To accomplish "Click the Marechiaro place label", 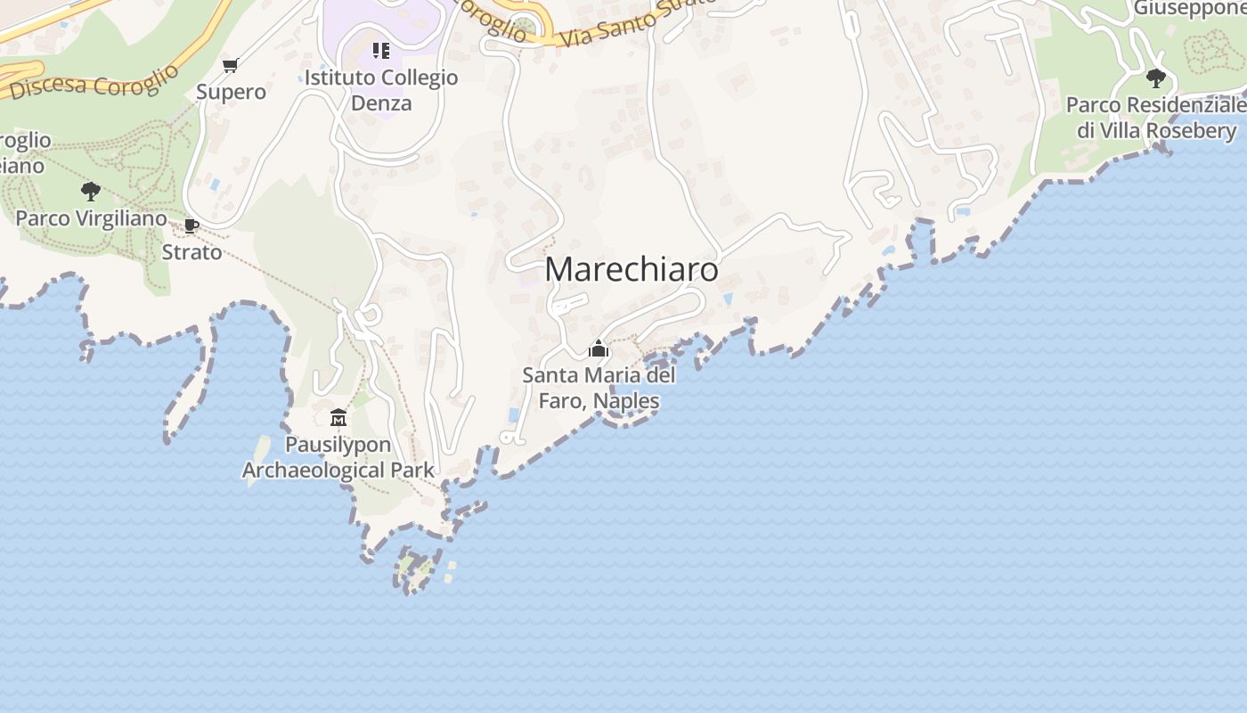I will [x=631, y=269].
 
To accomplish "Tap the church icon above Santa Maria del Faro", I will [x=599, y=348].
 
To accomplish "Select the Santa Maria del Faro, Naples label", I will [x=599, y=388].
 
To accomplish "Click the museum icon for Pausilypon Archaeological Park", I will [x=338, y=417].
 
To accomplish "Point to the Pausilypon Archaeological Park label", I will [x=338, y=457].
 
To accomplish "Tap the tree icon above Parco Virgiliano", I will [x=90, y=191].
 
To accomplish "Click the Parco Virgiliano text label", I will [x=91, y=218].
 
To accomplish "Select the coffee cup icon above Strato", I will [x=191, y=225].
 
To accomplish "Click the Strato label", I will [x=192, y=252].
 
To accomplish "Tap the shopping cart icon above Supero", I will [x=230, y=65].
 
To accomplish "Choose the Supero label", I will [x=231, y=92].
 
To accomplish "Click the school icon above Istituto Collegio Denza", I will [x=380, y=50].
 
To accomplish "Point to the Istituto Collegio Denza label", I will [x=381, y=90].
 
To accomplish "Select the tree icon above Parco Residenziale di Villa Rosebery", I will [x=1155, y=78].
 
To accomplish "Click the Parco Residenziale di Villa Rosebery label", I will [x=1156, y=118].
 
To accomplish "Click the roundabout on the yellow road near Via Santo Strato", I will [x=526, y=26].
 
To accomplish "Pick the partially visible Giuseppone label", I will [x=1188, y=9].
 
